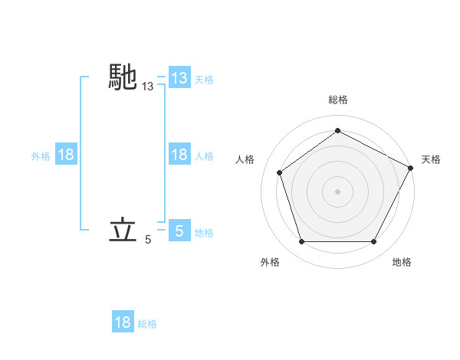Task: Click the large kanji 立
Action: [123, 229]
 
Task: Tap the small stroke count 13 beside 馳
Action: [148, 88]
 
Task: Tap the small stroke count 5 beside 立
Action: [148, 240]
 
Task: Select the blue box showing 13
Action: [179, 78]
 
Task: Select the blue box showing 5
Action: [179, 231]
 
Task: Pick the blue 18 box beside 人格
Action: [179, 155]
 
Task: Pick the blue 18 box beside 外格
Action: [66, 155]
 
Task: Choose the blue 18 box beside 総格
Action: [123, 322]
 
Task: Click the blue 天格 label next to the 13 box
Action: [204, 79]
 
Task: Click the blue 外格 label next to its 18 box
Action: [41, 155]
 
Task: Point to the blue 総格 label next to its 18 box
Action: [147, 324]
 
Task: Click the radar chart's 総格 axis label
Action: [337, 100]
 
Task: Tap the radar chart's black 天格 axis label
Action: [431, 159]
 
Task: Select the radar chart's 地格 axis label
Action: [402, 262]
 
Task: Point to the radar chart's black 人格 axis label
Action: [245, 159]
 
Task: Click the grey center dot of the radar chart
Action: [337, 191]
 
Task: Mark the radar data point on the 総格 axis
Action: [337, 130]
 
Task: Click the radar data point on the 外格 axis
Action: [301, 241]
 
